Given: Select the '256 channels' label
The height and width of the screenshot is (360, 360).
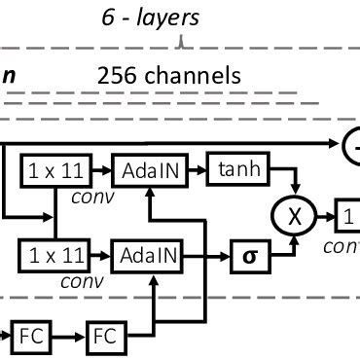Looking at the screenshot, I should click(169, 75).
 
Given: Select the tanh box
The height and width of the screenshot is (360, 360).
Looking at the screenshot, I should click(236, 171).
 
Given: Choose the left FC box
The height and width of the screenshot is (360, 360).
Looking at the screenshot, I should click(28, 337).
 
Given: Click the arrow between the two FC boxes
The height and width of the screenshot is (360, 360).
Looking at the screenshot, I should click(67, 337).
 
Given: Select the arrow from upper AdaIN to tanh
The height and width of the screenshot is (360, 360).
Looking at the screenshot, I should click(194, 171).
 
